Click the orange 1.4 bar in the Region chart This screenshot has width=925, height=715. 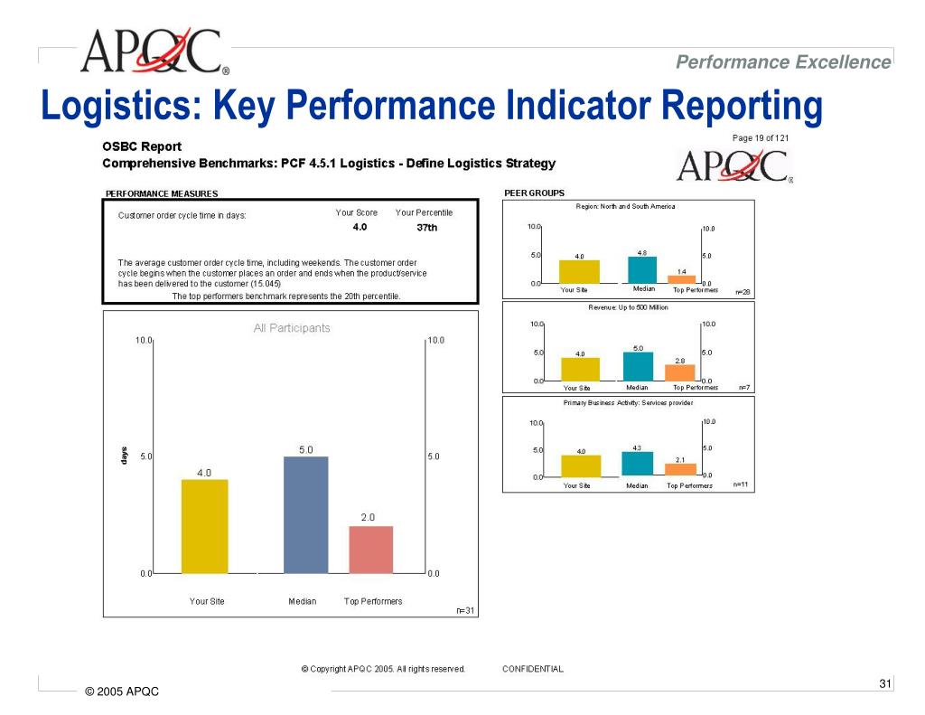coord(681,279)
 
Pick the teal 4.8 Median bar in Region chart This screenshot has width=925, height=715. coord(641,269)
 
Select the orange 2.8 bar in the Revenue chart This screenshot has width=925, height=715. coord(679,372)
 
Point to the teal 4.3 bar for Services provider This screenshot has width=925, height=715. coord(637,463)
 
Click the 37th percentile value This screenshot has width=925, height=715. coord(426,228)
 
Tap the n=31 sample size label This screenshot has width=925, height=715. coord(464,610)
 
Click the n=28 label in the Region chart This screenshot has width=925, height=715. coord(743,292)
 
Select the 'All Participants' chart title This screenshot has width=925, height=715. coord(292,328)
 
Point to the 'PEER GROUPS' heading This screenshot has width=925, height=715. coord(534,193)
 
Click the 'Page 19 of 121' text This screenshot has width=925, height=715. coord(761,138)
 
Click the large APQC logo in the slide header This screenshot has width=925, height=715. coord(154,52)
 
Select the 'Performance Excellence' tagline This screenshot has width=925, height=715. coord(783,61)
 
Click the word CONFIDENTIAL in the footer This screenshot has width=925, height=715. coord(533,670)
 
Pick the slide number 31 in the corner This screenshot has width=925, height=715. coord(884,683)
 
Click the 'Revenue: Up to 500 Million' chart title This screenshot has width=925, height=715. coord(628,307)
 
